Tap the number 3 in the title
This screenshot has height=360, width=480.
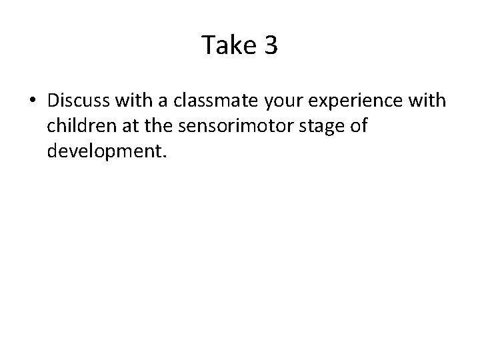[271, 46]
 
